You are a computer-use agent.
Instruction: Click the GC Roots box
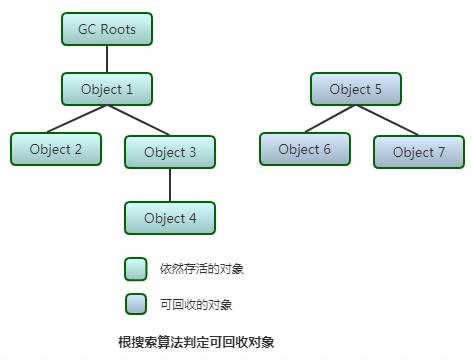106,29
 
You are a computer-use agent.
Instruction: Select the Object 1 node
106,89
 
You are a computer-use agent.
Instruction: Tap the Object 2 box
56,149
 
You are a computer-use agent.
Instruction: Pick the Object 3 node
170,152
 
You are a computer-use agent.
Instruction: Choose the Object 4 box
170,218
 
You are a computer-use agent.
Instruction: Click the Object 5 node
355,89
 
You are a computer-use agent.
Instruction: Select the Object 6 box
305,149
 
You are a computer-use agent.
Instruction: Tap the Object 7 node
419,152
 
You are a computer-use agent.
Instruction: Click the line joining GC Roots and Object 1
106,59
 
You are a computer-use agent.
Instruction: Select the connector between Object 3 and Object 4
170,185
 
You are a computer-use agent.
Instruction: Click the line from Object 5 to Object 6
328,119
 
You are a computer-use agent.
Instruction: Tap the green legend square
136,269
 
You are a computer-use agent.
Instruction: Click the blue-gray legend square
136,303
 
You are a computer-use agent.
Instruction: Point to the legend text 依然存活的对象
202,269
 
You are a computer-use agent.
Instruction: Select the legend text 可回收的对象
196,304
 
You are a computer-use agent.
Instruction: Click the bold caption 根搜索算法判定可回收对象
196,342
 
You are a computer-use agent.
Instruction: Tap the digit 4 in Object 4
192,218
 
